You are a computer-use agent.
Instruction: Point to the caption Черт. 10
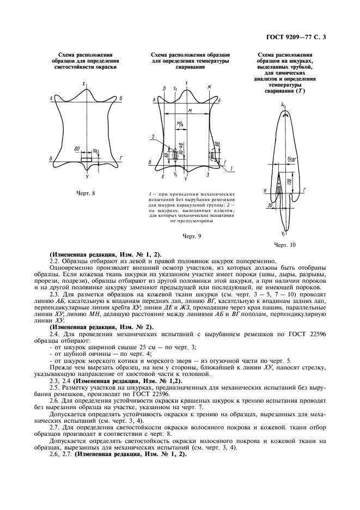click(x=285, y=245)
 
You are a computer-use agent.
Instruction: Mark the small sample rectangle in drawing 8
click(x=87, y=160)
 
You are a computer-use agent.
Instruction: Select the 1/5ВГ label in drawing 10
click(x=289, y=158)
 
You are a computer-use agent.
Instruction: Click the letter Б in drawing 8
click(x=120, y=98)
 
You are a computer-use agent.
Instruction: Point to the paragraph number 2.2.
click(x=54, y=261)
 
